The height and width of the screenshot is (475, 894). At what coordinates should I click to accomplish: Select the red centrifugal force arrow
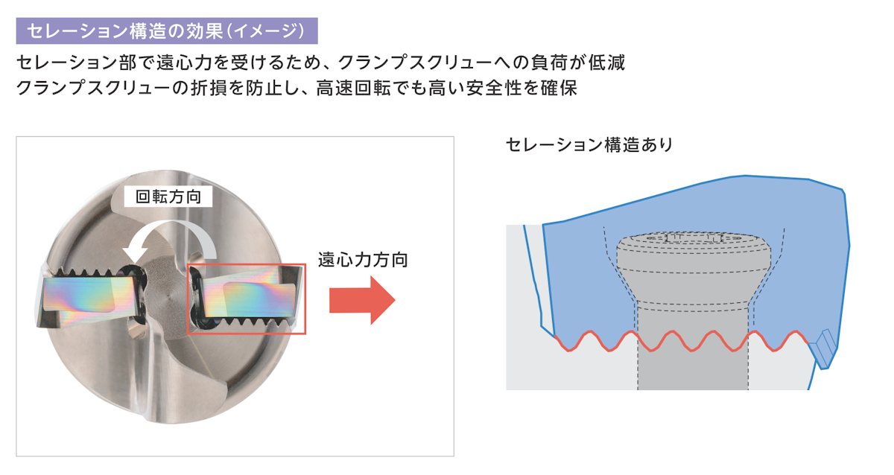[362, 300]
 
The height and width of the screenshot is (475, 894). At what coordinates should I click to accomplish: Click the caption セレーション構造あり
[589, 145]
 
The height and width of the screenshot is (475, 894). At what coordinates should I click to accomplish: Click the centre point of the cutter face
[167, 293]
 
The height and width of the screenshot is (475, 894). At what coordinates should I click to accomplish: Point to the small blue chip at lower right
[824, 348]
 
